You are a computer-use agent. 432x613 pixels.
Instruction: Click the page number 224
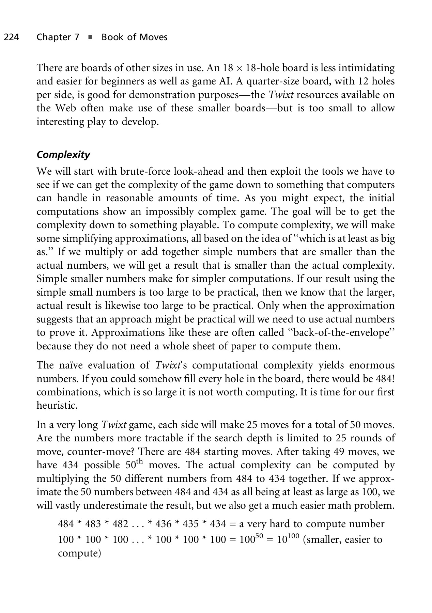tap(11, 37)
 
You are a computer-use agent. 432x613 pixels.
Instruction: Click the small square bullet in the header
tap(90, 37)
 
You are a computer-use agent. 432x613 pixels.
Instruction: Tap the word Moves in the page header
tap(153, 37)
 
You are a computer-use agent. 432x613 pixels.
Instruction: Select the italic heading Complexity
tap(63, 155)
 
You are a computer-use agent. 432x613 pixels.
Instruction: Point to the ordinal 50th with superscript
tap(133, 465)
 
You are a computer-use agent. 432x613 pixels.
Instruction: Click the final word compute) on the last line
tap(79, 553)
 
